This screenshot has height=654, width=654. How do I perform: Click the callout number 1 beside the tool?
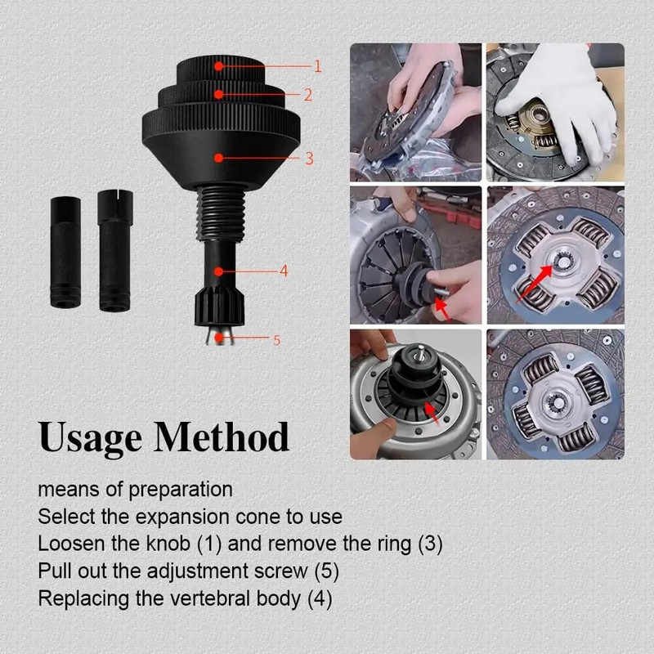click(x=317, y=66)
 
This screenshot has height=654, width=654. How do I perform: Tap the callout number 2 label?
click(x=308, y=95)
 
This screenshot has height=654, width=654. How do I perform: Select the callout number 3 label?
click(x=309, y=158)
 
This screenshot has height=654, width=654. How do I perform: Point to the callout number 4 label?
click(x=284, y=271)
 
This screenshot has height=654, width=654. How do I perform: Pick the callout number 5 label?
click(x=276, y=340)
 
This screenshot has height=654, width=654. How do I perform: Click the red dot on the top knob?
click(x=218, y=66)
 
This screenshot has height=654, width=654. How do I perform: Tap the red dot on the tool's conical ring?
click(x=218, y=158)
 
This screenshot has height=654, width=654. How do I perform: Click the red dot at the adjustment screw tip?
click(x=218, y=337)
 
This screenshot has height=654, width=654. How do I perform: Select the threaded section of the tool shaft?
click(x=221, y=213)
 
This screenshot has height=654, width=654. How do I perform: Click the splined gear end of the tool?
click(x=219, y=308)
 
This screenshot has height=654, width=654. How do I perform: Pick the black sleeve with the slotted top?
click(x=115, y=250)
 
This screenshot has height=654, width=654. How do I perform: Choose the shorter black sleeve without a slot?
click(x=65, y=253)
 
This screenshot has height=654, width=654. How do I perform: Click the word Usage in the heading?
click(x=90, y=437)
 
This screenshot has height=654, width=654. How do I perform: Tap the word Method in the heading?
click(x=222, y=437)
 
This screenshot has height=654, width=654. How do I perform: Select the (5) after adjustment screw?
click(x=326, y=571)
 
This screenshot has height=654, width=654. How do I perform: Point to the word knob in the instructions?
click(x=168, y=544)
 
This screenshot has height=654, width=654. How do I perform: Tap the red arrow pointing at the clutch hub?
click(x=535, y=283)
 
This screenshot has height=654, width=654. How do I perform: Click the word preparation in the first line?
click(x=181, y=490)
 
